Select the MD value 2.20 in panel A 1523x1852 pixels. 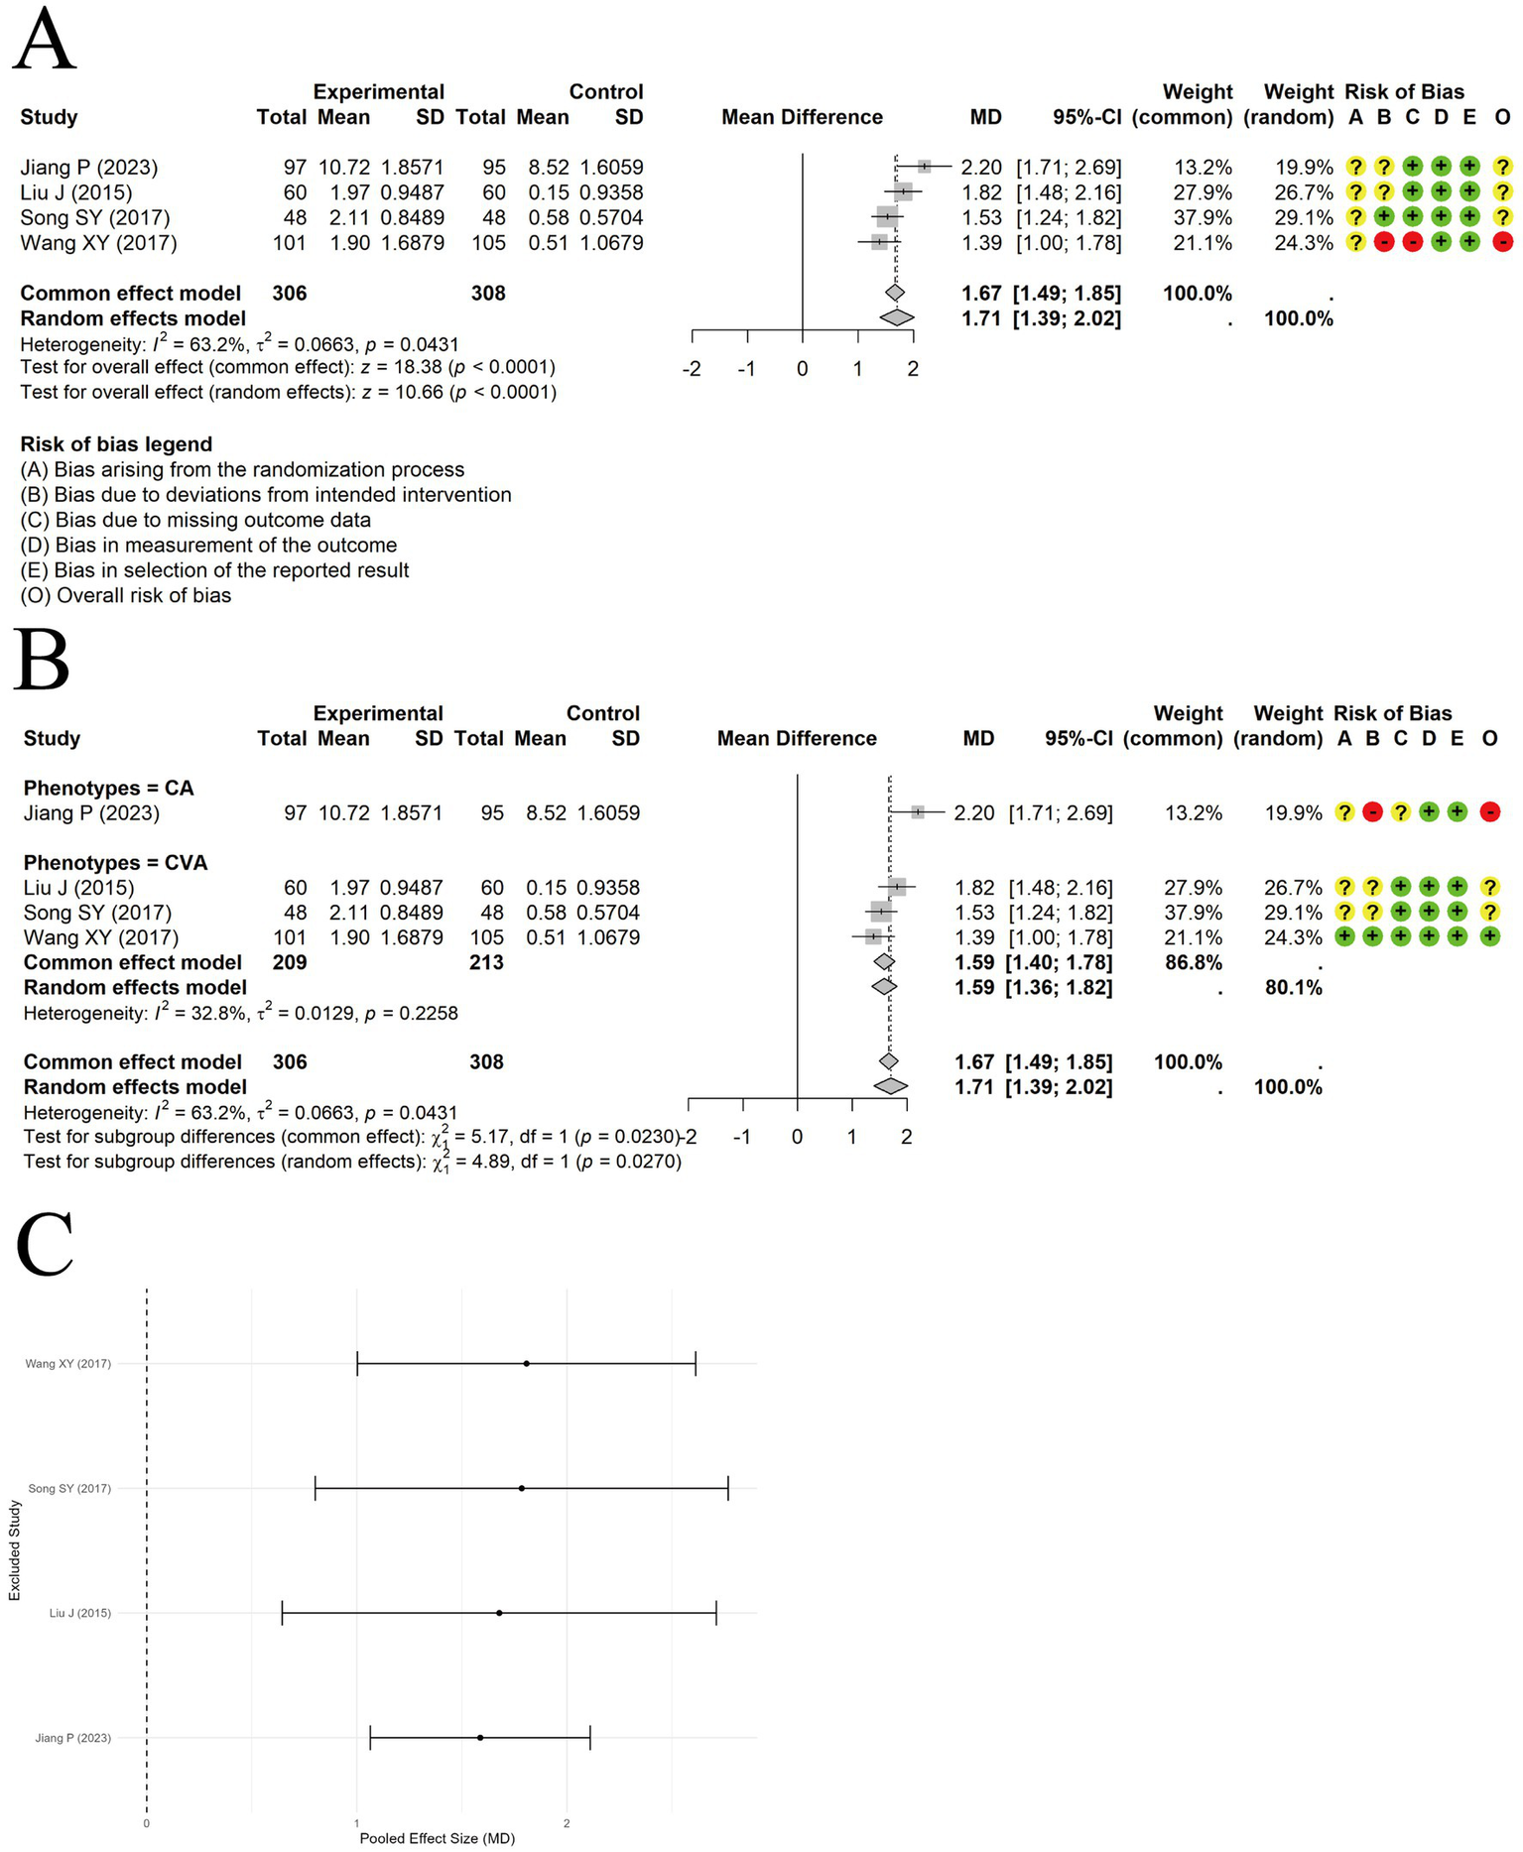[981, 168]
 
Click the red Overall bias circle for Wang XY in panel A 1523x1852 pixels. [1502, 243]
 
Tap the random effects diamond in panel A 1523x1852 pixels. [896, 318]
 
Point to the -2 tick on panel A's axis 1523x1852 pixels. [692, 369]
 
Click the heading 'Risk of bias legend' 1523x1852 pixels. [116, 444]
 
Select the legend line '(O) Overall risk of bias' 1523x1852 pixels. [125, 595]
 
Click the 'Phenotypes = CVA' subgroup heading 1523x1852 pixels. [115, 863]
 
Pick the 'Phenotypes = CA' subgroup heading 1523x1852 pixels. [108, 789]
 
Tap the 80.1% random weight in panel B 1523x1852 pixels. [1293, 987]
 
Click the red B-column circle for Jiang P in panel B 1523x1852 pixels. [1372, 812]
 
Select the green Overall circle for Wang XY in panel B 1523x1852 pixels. [1489, 937]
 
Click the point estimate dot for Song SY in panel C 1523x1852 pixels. [522, 1488]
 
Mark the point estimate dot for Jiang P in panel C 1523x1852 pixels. [480, 1737]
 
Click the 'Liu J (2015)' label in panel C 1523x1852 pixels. [80, 1613]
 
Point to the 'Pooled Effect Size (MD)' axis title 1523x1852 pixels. [437, 1838]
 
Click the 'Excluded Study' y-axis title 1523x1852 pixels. [15, 1549]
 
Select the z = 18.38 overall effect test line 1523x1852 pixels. [288, 368]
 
